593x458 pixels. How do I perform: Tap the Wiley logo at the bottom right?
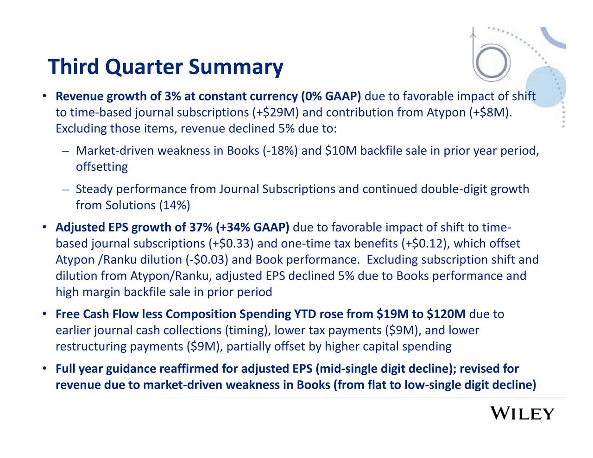pyautogui.click(x=522, y=414)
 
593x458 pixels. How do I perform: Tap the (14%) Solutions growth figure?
pyautogui.click(x=174, y=205)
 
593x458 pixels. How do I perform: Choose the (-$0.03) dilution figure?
pyautogui.click(x=210, y=260)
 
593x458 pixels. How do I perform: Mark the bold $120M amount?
pyautogui.click(x=446, y=314)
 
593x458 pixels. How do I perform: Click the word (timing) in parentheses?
pyautogui.click(x=247, y=331)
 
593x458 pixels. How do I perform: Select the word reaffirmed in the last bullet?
pyautogui.click(x=189, y=369)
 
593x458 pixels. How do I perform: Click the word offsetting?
pyautogui.click(x=101, y=167)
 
